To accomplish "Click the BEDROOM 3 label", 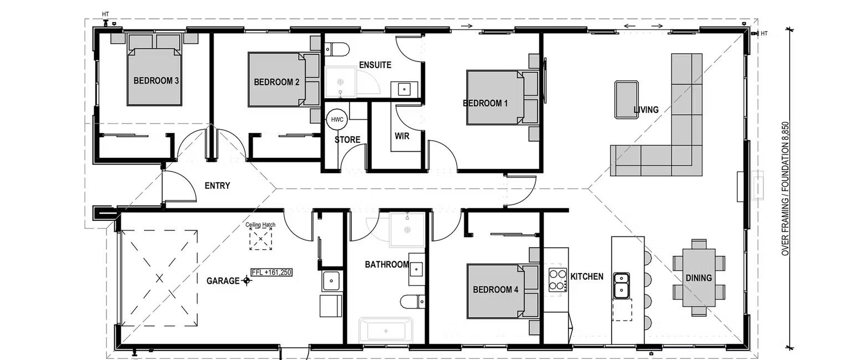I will click(x=156, y=81).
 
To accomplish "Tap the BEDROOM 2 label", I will click(x=277, y=82).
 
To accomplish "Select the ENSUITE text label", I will click(x=375, y=65).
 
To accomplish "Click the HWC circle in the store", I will click(x=337, y=120).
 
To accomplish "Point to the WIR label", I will click(x=402, y=136).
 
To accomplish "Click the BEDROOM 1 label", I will click(x=485, y=103).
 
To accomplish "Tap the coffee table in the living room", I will click(x=626, y=100).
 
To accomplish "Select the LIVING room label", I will click(x=646, y=110).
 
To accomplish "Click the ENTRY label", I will click(x=217, y=186).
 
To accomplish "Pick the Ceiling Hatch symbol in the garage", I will click(x=260, y=239).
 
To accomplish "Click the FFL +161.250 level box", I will click(x=271, y=272).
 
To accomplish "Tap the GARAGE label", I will click(x=223, y=281).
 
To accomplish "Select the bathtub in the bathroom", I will click(x=386, y=331).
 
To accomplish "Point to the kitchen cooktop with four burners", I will click(x=557, y=280).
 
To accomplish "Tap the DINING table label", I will click(x=698, y=278).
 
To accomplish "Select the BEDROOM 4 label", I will click(x=495, y=290).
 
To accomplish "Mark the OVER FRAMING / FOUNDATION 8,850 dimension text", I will click(x=785, y=188).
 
